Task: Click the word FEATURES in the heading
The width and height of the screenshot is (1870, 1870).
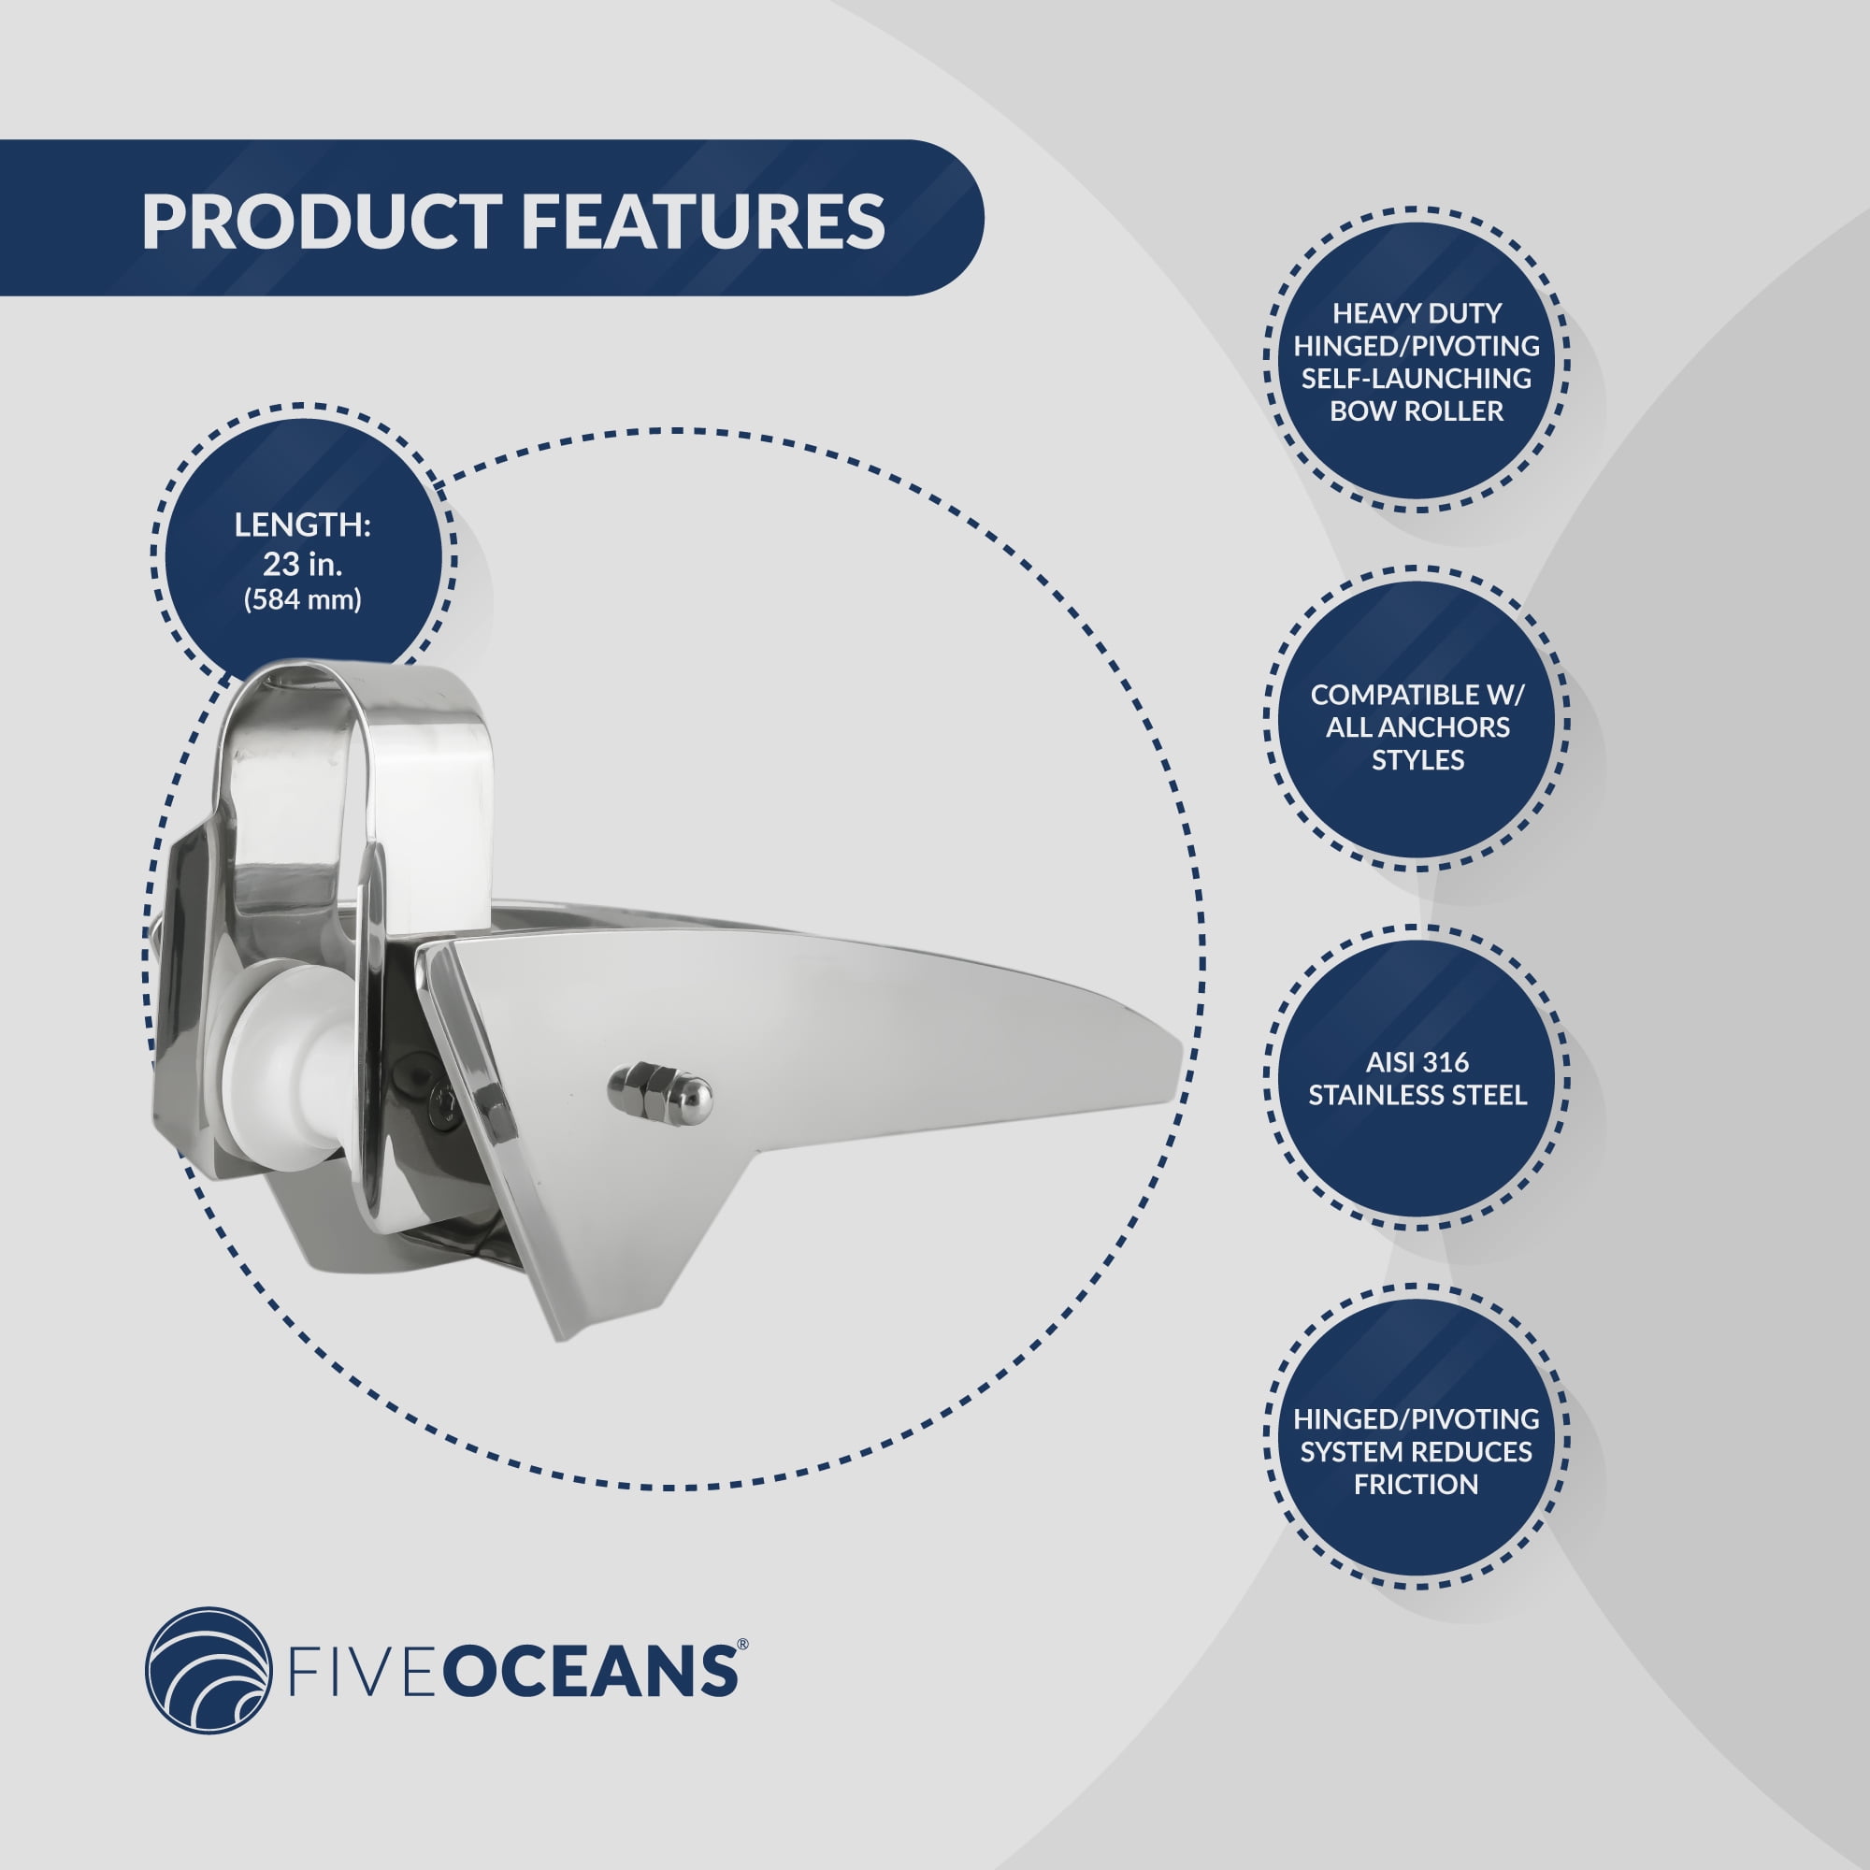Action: pos(704,222)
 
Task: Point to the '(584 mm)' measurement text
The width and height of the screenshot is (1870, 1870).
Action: pos(303,600)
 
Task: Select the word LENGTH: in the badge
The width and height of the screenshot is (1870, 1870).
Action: pos(303,525)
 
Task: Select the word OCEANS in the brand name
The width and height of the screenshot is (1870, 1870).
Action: pos(595,1675)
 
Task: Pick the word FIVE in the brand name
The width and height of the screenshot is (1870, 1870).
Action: pos(367,1675)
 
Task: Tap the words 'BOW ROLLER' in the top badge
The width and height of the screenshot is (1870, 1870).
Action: pos(1416,411)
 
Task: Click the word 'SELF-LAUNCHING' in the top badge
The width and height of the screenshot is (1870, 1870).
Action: pos(1416,379)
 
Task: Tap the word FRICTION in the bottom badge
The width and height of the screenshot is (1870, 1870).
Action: pos(1416,1485)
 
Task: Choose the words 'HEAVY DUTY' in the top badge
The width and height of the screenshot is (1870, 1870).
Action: pos(1416,312)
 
